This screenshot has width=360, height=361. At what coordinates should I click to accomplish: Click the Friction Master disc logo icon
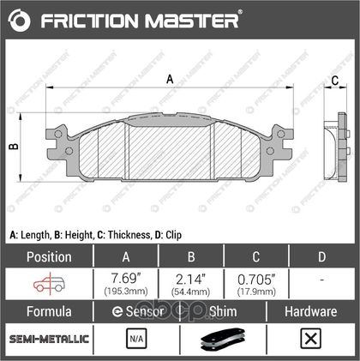19,21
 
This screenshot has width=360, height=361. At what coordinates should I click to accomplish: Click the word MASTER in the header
191,21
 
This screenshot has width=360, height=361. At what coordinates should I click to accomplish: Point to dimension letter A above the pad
170,79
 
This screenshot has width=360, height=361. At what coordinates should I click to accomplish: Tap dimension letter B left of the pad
14,147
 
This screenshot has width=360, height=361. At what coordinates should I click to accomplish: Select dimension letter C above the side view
335,81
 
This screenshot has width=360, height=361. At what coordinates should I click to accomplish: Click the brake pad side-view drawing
337,147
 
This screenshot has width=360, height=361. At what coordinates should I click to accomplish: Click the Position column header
49,256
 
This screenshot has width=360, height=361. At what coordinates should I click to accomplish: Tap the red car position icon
49,284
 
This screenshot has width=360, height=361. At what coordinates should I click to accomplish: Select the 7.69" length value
126,278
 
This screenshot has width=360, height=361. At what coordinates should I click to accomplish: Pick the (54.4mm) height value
190,292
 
